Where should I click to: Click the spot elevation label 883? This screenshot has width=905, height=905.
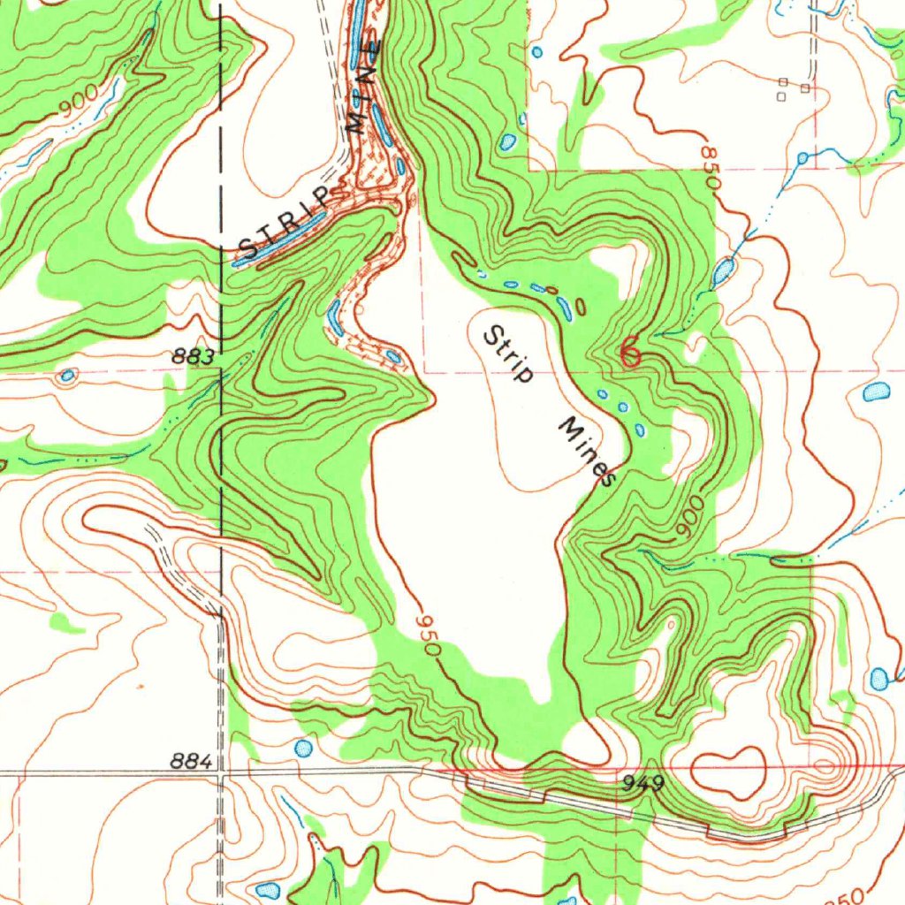click(194, 357)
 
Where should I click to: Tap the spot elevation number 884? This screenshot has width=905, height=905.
click(192, 762)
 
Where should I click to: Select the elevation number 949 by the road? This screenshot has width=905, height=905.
click(642, 782)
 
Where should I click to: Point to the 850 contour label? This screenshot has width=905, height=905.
click(710, 167)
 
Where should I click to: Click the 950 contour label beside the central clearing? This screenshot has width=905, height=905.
click(428, 635)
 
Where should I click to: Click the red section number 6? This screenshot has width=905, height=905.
click(629, 352)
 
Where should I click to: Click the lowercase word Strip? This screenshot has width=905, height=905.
click(509, 354)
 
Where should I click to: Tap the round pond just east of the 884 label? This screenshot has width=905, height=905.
click(303, 749)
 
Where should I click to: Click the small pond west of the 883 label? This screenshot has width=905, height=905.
click(66, 376)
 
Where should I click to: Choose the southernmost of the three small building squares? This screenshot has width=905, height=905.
click(781, 98)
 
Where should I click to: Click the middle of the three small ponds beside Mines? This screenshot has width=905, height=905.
click(622, 407)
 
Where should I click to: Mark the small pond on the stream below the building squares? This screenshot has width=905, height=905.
click(802, 158)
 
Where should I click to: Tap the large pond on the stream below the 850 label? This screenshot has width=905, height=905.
click(723, 270)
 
